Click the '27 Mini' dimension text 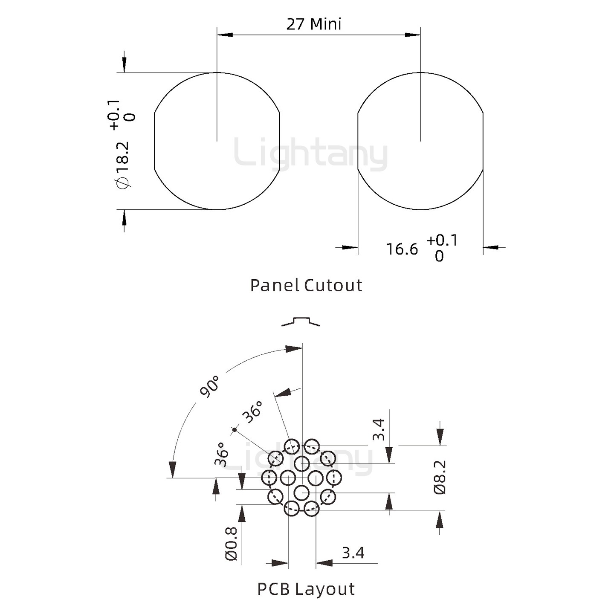(314, 24)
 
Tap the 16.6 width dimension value (402, 249)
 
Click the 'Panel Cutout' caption (306, 285)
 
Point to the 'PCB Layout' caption (306, 589)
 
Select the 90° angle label (210, 386)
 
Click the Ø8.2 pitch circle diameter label (440, 477)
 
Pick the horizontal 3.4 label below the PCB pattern (353, 553)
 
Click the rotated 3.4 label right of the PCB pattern (379, 429)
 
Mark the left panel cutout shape (217, 141)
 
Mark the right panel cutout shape (420, 141)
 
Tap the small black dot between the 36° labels (234, 429)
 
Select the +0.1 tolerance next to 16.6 (442, 240)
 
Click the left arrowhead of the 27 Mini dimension (224, 35)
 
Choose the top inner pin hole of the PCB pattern (302, 463)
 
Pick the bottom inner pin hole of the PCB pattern (302, 493)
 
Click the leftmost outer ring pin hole (269, 478)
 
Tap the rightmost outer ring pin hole (334, 478)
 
